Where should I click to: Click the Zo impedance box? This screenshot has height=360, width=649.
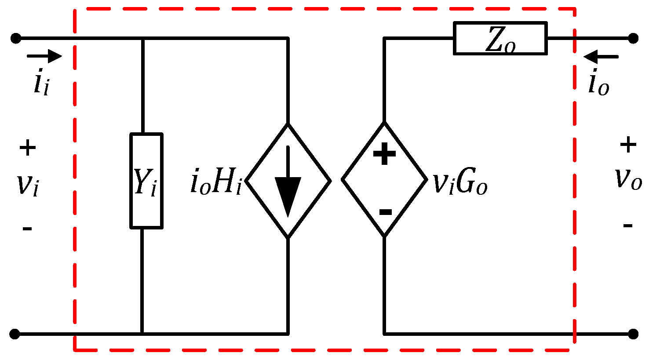[x=500, y=39]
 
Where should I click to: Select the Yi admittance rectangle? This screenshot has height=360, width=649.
[x=146, y=181]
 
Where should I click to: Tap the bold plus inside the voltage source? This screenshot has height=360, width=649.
[x=384, y=153]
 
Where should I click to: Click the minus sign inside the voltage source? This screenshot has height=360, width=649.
[x=385, y=212]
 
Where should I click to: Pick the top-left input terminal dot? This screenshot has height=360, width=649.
[x=16, y=38]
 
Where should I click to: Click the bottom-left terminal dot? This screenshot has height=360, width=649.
[x=15, y=334]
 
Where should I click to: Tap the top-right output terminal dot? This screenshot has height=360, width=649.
[x=633, y=38]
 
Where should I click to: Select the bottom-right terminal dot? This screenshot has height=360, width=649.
[x=633, y=334]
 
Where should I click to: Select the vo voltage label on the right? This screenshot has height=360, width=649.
[x=628, y=178]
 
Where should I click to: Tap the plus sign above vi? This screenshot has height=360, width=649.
[x=27, y=148]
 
